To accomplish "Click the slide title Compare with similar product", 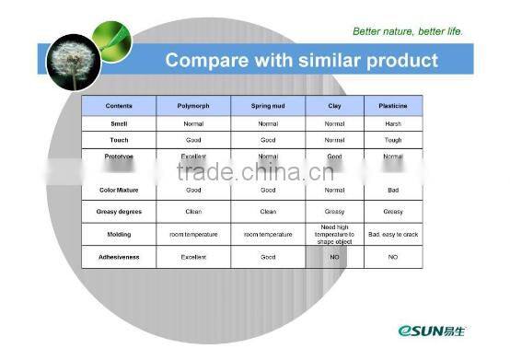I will coord(301,62).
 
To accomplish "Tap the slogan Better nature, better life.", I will coord(408,31).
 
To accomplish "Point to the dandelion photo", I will coord(71,61).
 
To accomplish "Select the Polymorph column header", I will coord(193,106).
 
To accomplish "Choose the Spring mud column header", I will coord(268,106).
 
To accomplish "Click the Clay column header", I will coord(335,106).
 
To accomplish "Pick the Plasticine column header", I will coord(393,106).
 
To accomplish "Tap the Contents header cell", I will coord(119,106).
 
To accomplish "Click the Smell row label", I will coord(119,122).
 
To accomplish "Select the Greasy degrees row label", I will coord(119,212).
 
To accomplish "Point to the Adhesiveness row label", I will coord(119,257).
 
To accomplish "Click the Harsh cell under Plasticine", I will coord(393,122).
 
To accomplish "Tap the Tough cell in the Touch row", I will coord(393,140).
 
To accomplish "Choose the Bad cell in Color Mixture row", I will coord(393,190).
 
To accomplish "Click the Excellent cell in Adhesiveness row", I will coord(193,257).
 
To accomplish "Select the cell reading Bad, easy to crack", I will coord(393,235).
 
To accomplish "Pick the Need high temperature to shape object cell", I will coord(335,234).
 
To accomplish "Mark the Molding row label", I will coord(119,235).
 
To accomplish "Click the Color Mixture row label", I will coord(119,190).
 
